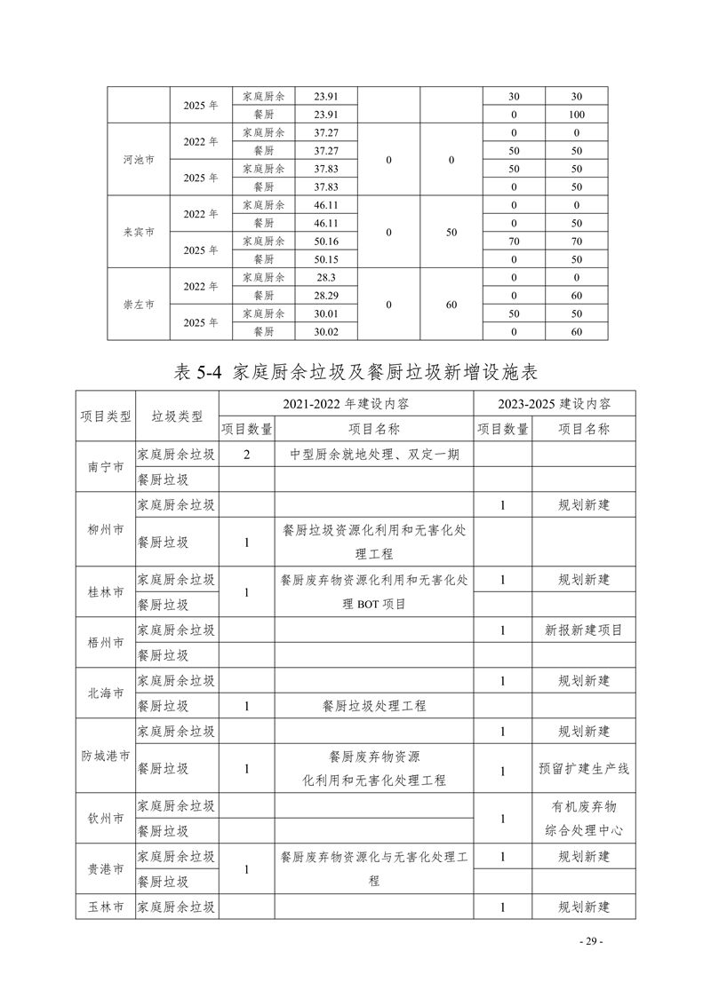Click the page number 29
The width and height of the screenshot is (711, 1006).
tap(590, 941)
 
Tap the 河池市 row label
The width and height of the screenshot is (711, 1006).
tap(139, 160)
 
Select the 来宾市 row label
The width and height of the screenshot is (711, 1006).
tap(139, 232)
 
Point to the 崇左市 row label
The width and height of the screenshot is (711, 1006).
tap(139, 304)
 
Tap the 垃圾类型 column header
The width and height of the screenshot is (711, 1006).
tap(177, 416)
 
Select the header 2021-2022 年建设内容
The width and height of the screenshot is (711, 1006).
tap(347, 404)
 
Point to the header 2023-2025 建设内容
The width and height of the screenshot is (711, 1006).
tap(554, 404)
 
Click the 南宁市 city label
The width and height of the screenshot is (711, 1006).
tap(106, 467)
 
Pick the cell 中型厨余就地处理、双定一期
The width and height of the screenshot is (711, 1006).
tap(373, 455)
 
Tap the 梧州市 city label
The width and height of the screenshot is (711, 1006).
tap(106, 643)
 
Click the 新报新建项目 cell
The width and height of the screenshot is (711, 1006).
tap(583, 630)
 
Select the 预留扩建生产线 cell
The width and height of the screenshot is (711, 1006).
tap(583, 769)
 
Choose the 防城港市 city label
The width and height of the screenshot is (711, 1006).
tap(106, 756)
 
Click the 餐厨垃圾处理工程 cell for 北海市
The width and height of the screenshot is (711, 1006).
tap(373, 706)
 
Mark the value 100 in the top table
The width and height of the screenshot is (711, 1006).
tap(577, 115)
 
